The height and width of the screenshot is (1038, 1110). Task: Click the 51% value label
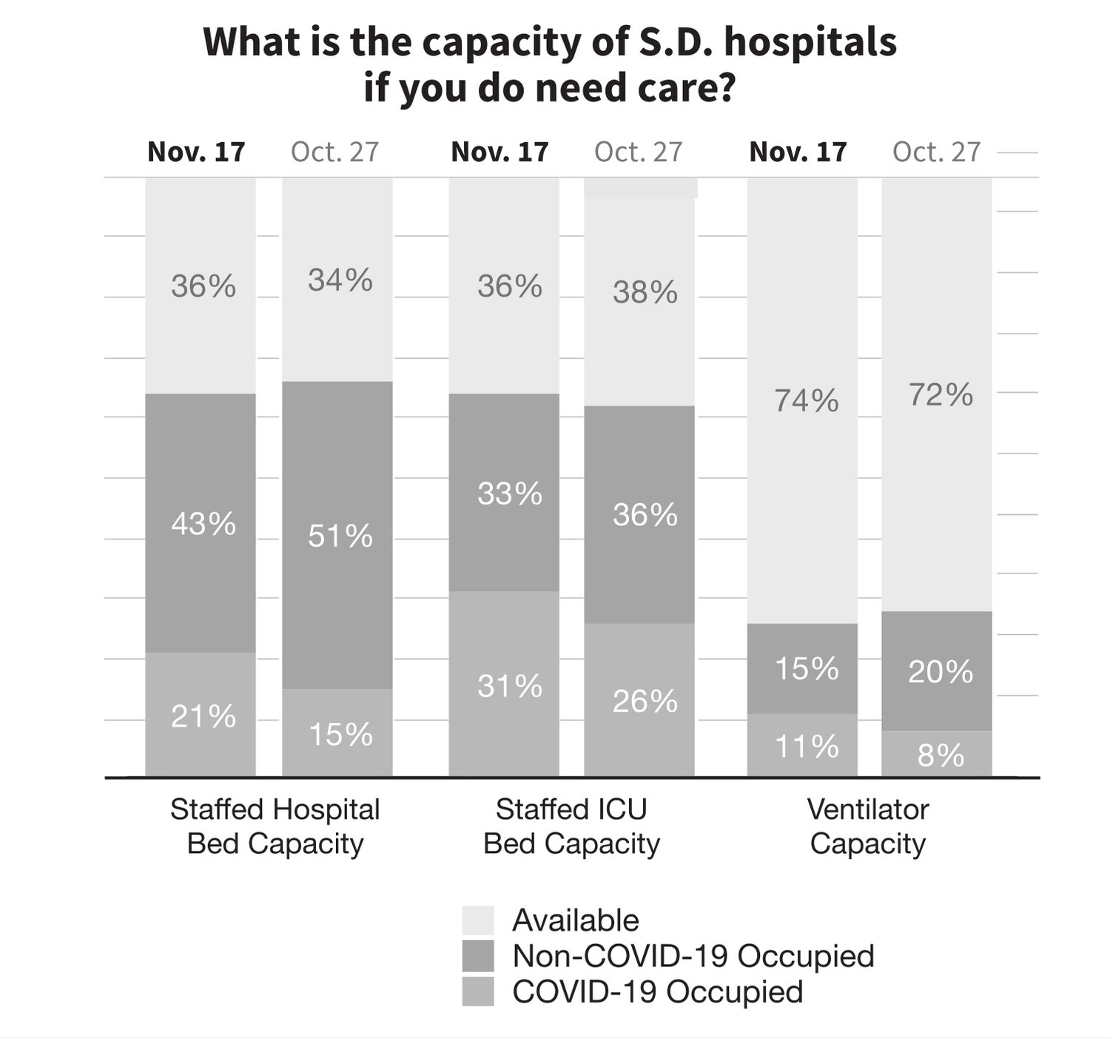340,536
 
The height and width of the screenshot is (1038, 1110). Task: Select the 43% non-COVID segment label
203,525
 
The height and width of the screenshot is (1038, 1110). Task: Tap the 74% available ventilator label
807,401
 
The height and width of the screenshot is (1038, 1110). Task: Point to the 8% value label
941,756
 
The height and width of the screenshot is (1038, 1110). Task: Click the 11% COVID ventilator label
807,747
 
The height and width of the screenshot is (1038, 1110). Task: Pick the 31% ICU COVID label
510,687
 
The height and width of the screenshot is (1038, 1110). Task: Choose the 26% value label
645,701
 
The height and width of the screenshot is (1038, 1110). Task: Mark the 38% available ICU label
645,293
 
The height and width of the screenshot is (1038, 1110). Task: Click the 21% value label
203,716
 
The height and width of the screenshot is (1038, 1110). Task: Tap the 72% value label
941,395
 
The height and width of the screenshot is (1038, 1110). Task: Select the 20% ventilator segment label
941,672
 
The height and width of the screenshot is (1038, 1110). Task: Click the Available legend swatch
478,920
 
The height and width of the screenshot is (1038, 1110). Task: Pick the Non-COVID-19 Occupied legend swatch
478,956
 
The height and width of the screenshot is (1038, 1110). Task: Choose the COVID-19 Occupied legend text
657,991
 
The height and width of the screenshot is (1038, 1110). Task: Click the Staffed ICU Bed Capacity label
571,826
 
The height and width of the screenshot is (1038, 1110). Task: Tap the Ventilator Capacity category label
868,826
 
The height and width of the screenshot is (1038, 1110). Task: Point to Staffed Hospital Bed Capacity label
275,826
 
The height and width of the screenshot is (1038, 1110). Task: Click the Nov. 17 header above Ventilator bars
798,152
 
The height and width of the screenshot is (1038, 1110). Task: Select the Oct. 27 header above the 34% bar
334,152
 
